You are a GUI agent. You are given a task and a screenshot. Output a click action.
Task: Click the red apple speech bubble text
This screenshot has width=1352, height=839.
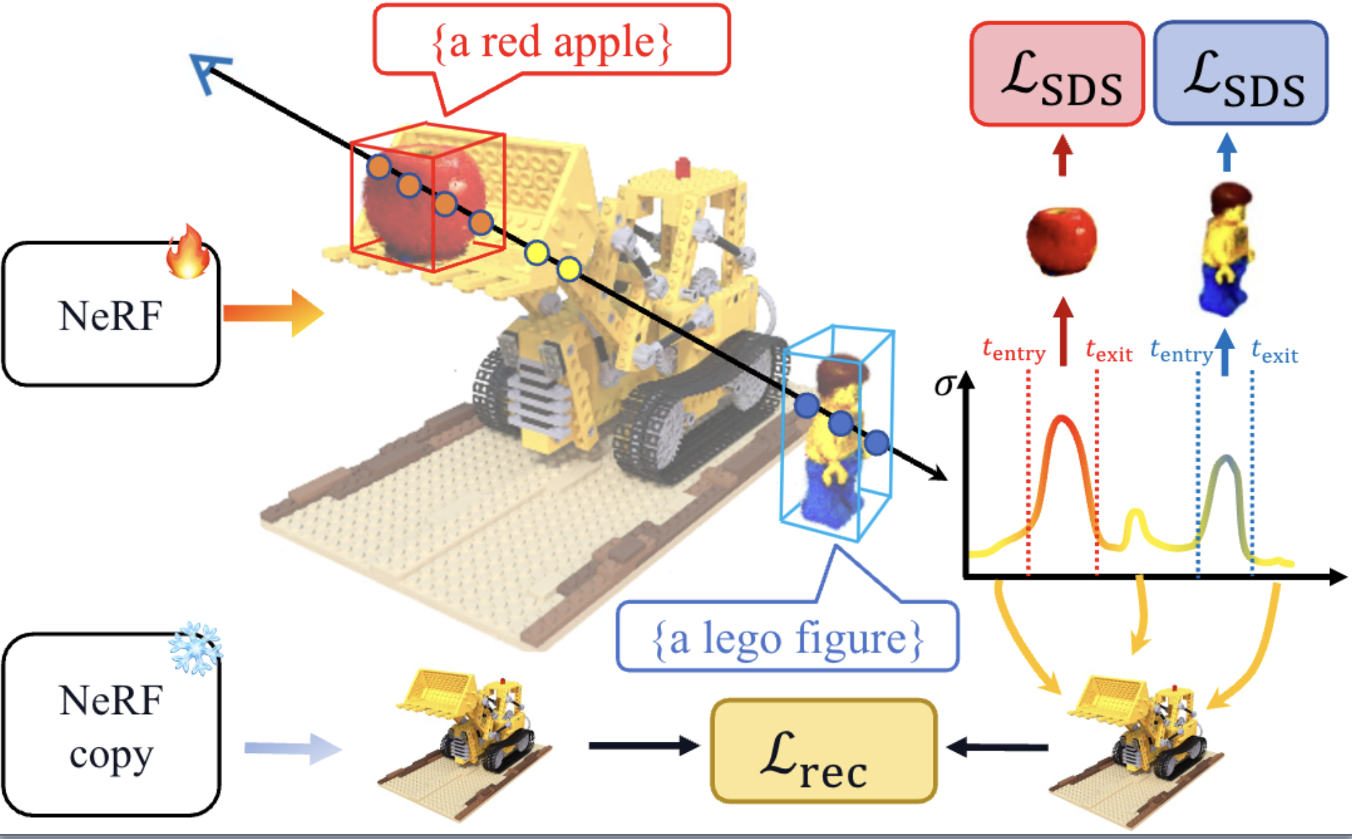(x=551, y=43)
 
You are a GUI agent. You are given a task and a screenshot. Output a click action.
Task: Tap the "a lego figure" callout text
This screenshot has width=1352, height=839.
(x=787, y=638)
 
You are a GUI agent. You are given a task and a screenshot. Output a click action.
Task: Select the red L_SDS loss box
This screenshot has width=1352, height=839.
(x=1057, y=75)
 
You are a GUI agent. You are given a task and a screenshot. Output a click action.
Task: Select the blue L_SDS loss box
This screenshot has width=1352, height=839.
(x=1241, y=73)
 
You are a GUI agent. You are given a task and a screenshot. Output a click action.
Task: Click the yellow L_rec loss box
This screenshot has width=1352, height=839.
(x=824, y=751)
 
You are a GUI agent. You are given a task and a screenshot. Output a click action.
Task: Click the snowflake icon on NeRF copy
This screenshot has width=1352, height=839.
(x=195, y=648)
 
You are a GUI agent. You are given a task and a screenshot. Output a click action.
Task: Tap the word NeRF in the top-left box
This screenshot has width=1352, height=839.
(x=111, y=316)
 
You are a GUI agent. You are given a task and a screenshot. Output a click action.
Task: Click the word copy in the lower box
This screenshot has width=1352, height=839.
(x=111, y=755)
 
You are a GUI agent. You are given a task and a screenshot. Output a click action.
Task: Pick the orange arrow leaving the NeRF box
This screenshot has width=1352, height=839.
(x=273, y=313)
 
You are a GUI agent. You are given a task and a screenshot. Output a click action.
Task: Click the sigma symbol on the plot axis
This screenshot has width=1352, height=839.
(x=944, y=385)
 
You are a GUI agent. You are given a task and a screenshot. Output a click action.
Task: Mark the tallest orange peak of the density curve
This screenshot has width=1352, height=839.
(x=1062, y=419)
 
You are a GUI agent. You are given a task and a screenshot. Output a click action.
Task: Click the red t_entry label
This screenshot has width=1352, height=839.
(x=1014, y=350)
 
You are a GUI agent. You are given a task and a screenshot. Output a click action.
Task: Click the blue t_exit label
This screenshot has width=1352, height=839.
(x=1275, y=351)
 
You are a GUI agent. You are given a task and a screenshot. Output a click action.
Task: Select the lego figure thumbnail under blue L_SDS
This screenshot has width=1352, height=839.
(x=1225, y=248)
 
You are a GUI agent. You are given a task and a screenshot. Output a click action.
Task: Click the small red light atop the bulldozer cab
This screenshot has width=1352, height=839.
(x=682, y=168)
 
